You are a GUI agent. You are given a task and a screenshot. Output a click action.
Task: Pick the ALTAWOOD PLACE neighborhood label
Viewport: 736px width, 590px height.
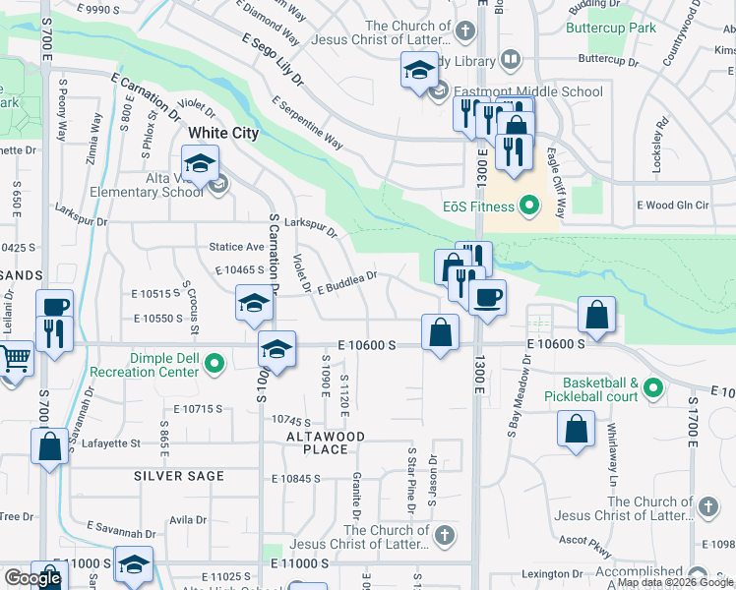[x=326, y=442]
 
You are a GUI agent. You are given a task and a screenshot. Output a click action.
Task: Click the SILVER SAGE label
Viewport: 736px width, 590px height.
[x=180, y=476]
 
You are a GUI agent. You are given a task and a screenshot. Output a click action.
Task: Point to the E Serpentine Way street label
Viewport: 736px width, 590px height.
[x=308, y=123]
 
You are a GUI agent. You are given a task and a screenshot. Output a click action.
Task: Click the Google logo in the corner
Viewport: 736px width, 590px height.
[x=32, y=578]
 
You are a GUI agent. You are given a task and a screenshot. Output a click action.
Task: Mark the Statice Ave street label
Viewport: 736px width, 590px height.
[x=236, y=247]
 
